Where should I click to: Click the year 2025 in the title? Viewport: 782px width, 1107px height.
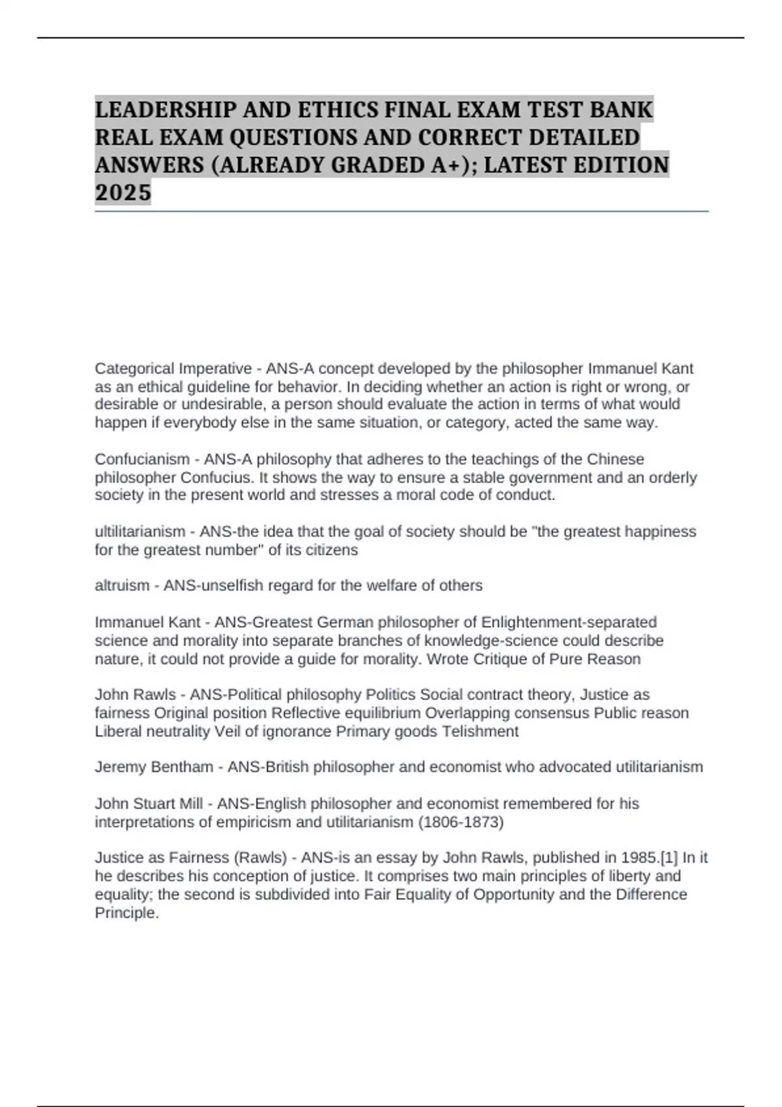pos(123,193)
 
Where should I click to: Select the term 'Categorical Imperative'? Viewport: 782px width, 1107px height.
pos(173,369)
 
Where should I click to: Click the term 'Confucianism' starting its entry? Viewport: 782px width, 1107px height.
pos(142,459)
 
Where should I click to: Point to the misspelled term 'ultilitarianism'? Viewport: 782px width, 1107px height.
pos(140,531)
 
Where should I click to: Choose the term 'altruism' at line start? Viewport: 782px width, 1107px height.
pos(122,585)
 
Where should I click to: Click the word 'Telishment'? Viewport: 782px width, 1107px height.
pos(480,731)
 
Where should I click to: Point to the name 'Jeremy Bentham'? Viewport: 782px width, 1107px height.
pos(154,767)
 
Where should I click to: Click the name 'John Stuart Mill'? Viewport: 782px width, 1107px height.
pos(149,804)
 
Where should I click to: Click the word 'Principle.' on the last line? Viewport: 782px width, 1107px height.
pos(127,912)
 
